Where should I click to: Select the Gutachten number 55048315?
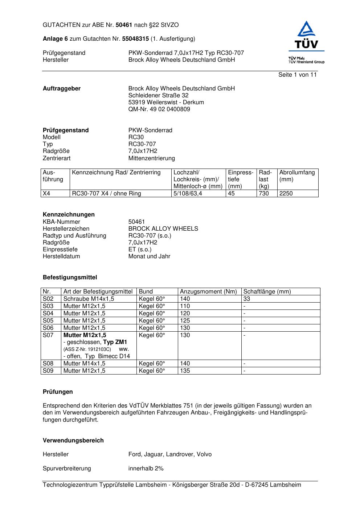pos(135,39)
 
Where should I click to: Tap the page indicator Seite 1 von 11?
pos(297,74)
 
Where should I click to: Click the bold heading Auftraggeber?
pos(62,88)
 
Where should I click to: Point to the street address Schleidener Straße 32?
pos(158,95)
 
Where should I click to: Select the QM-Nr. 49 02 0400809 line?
pos(159,109)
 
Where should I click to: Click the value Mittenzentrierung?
pos(151,158)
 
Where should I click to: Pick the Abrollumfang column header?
pos(297,172)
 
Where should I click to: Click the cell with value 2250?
pos(286,193)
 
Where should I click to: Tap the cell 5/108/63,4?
pos(188,193)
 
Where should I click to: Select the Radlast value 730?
pos(264,193)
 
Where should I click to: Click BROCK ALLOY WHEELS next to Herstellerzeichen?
pos(163,228)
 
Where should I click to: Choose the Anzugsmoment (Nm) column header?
pos(208,291)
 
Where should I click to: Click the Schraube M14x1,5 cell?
pos(89,299)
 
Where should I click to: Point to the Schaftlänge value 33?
pos(247,299)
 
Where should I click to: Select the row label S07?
pos(48,335)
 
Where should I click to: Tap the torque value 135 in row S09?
pos(185,371)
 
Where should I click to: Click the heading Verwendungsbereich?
pos(73,440)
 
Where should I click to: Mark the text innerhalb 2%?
pos(146,468)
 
